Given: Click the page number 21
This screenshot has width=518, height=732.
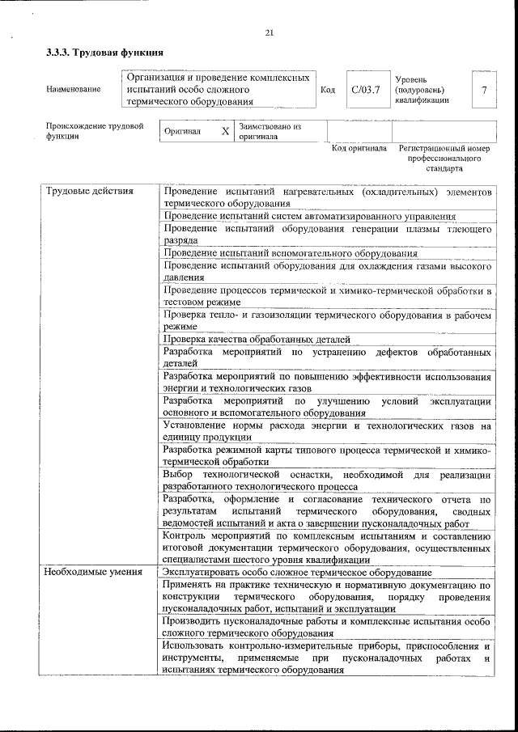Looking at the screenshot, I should [x=269, y=32].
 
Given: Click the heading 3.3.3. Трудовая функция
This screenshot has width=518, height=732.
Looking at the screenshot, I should [x=104, y=53].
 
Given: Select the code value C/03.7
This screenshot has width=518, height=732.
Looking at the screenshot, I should [x=366, y=89].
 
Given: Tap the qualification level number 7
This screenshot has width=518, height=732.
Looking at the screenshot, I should [x=484, y=89].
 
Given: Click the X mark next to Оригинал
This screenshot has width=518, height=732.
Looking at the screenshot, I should [x=225, y=131].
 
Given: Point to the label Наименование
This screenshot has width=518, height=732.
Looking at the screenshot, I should [x=74, y=89].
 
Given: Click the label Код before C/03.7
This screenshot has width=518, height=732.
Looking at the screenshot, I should [x=328, y=89].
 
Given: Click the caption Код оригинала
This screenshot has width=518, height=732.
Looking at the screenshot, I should [x=359, y=149].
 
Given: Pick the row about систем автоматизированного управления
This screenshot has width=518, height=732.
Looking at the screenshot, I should [x=308, y=216].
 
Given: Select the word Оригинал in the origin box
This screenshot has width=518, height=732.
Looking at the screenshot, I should [x=182, y=131].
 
